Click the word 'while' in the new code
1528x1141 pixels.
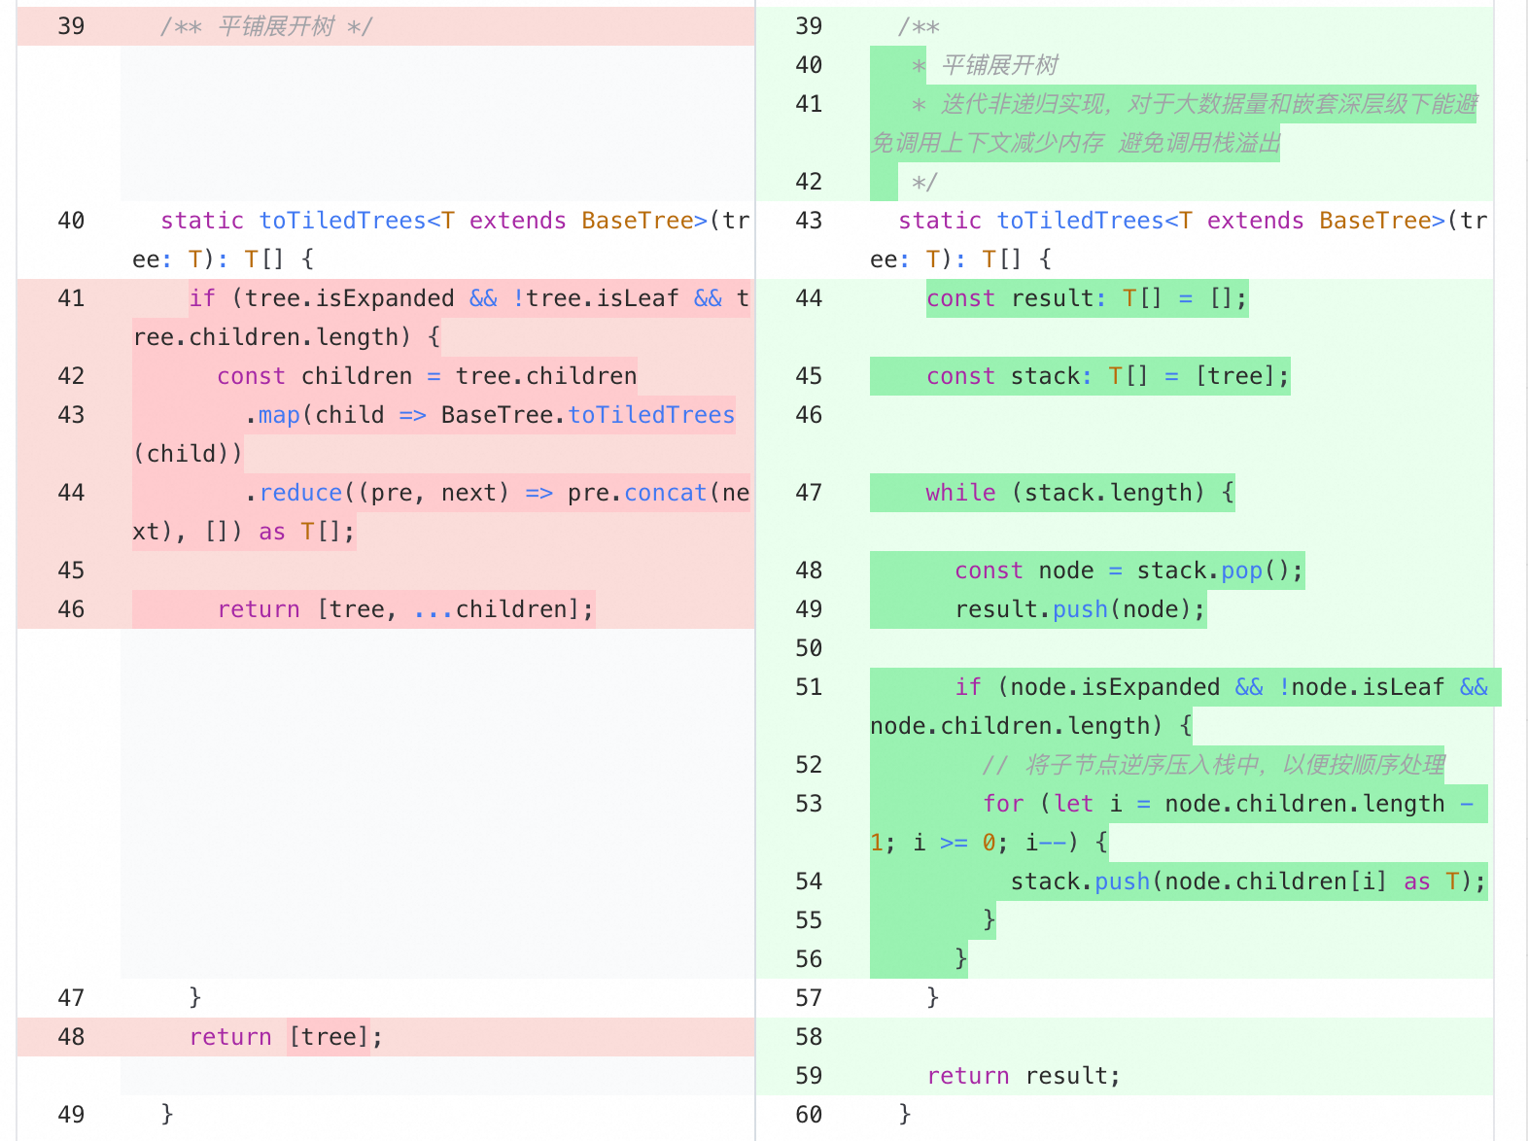(960, 493)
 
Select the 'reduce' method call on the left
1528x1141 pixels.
(300, 493)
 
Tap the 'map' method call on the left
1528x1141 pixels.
(279, 415)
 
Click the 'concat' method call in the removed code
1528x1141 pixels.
(666, 493)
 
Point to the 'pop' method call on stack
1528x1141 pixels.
(1241, 571)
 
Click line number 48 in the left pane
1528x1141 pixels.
(71, 1037)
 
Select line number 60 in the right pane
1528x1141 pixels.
(809, 1115)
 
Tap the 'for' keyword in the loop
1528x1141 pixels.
(1003, 804)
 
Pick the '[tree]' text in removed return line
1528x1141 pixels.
(328, 1037)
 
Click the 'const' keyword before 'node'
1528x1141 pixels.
(989, 570)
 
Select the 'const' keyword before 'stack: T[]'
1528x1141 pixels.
(960, 376)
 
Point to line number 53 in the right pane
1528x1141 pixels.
(809, 804)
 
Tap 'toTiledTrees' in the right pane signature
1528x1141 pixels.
(1080, 221)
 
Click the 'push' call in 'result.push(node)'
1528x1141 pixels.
(1080, 610)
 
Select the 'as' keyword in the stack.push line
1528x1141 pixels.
(1416, 882)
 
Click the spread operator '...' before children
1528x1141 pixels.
(434, 610)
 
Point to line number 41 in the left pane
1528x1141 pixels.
(71, 298)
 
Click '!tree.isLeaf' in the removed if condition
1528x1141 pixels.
(595, 298)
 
